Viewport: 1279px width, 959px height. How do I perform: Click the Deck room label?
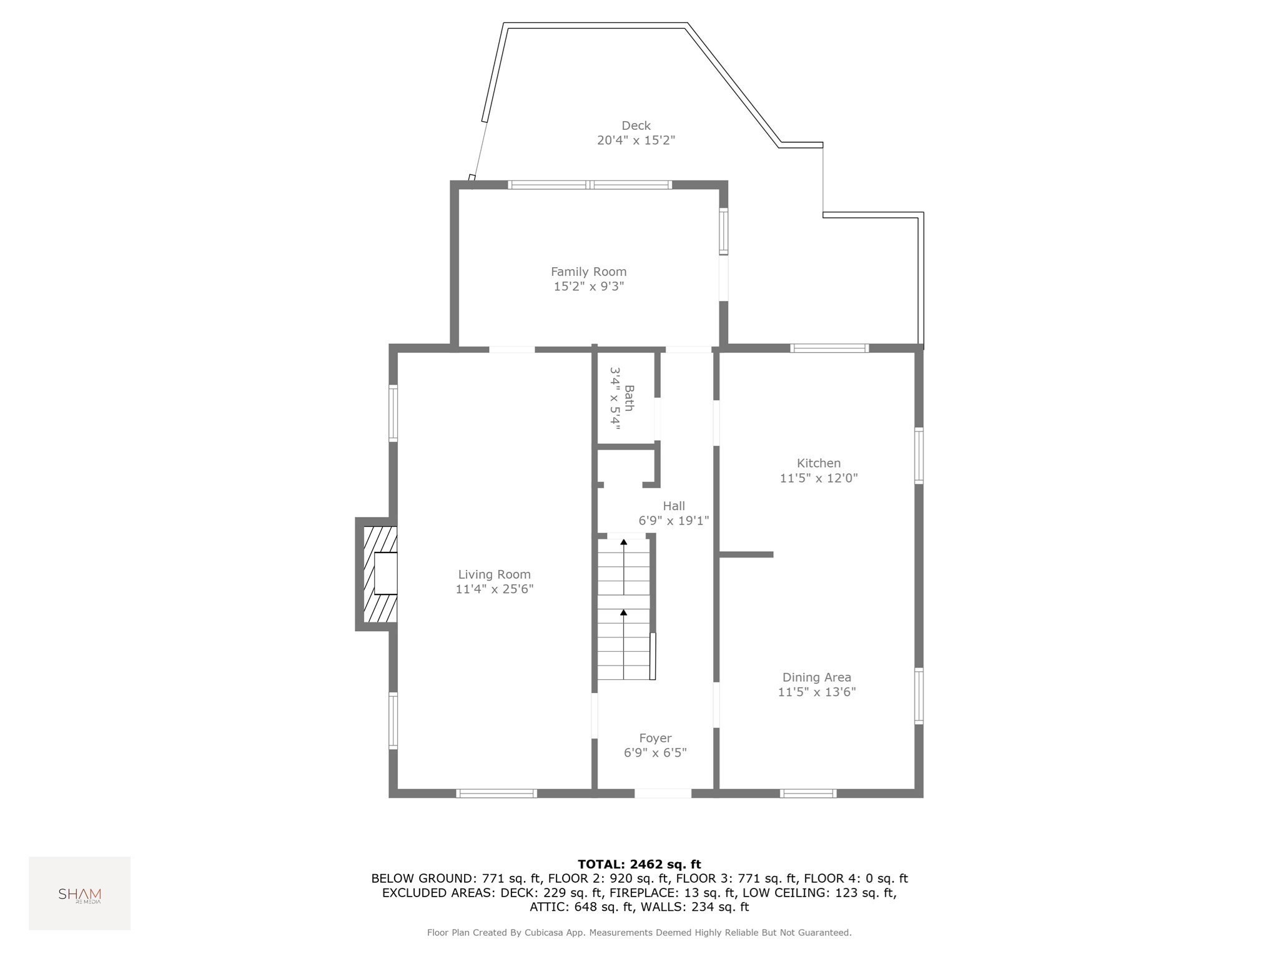636,125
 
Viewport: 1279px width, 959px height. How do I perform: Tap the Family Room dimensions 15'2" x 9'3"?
589,287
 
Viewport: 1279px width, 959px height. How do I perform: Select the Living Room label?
494,574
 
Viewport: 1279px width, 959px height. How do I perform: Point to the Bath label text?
630,398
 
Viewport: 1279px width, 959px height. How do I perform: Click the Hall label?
674,506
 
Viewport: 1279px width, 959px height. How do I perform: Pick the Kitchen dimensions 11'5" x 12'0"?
819,478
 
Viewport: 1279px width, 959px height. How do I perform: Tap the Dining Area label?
817,677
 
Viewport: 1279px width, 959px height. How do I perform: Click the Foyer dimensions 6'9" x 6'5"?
655,753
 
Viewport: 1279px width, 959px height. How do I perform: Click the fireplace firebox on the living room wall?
385,573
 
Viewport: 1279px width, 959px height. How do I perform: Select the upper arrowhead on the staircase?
623,542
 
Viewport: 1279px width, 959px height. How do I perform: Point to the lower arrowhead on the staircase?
623,612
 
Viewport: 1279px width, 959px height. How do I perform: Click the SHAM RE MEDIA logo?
79,895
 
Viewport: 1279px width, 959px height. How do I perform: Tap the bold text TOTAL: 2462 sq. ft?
639,864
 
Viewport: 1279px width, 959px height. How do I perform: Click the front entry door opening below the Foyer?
663,793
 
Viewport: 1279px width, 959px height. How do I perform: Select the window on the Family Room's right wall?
723,232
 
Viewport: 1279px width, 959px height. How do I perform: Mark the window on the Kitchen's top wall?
829,348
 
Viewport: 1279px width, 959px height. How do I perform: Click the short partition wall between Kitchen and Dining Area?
746,554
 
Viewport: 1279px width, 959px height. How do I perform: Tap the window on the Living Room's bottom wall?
496,794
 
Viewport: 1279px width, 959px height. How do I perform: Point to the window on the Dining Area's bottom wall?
808,794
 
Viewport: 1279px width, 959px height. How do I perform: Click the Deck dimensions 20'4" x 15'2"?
636,140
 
